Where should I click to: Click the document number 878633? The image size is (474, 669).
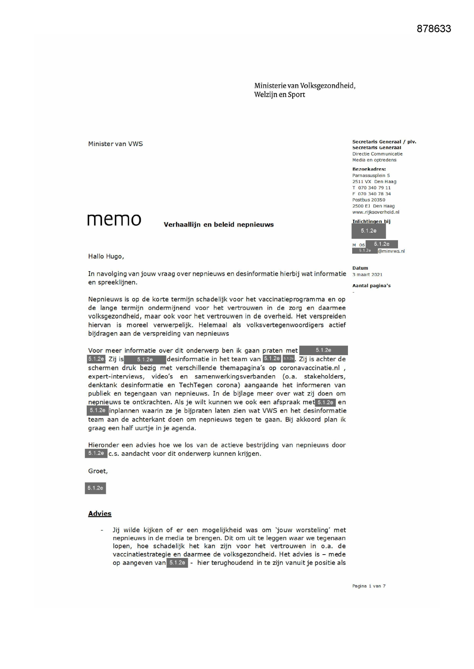(434, 29)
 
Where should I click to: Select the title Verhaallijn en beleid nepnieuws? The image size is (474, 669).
(218, 225)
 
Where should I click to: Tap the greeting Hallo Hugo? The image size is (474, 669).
(106, 256)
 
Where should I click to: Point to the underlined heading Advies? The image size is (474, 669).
(100, 513)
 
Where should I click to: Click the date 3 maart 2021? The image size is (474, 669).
(367, 275)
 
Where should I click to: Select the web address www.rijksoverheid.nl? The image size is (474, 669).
(375, 212)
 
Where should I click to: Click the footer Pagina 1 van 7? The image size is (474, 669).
(369, 586)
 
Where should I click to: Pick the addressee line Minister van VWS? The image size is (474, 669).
(115, 144)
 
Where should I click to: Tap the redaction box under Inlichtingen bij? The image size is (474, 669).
(369, 231)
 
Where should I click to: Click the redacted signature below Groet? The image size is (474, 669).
(95, 488)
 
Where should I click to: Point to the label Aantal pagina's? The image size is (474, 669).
(371, 286)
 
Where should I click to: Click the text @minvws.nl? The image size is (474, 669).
(391, 251)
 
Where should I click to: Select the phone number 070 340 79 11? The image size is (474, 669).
(374, 188)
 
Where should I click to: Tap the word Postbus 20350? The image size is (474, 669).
(369, 200)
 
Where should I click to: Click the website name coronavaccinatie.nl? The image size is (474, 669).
(310, 368)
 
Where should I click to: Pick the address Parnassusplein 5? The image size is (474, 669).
(371, 175)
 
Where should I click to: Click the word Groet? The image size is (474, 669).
(97, 471)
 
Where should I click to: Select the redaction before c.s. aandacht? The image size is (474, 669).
(96, 453)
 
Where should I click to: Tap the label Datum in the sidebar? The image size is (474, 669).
(360, 268)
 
